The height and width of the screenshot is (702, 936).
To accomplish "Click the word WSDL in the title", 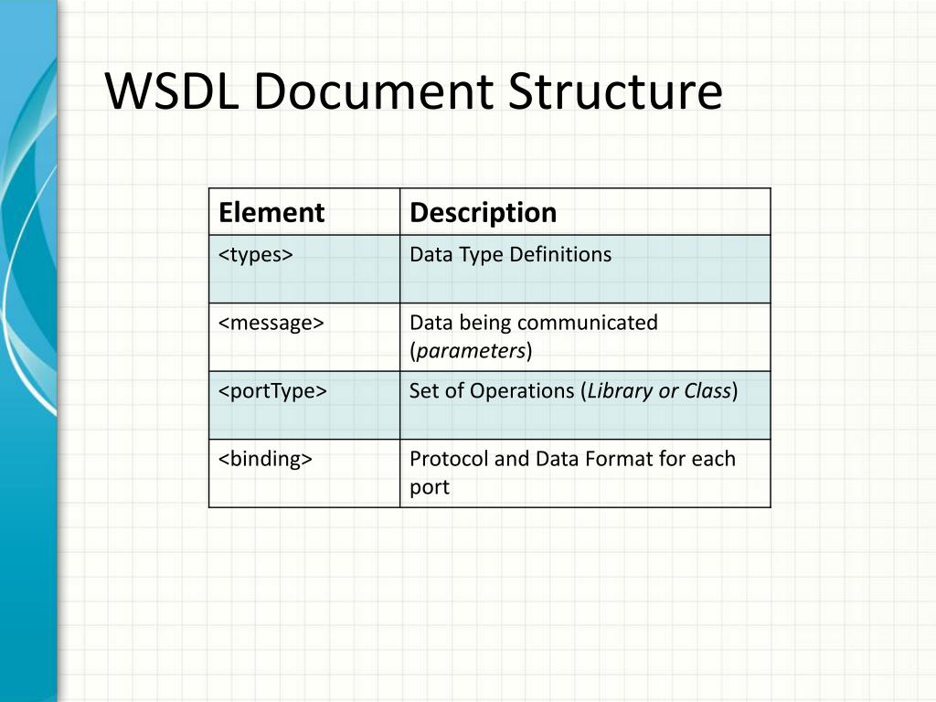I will coord(172,92).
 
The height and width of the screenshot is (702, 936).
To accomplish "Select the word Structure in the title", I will coord(614,92).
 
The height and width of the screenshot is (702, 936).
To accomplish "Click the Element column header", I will coord(271,213).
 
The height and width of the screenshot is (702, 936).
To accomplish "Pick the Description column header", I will coord(483,213).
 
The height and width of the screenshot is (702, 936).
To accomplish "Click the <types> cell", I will coord(255,255).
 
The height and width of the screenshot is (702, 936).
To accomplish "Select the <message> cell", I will coord(271,323).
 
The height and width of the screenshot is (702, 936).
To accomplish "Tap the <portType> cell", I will coord(272,390).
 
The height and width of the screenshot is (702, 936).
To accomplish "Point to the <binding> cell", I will coord(265,458).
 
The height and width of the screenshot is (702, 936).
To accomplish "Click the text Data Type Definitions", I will coord(510,255).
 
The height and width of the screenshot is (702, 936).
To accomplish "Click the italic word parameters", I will coord(471,351).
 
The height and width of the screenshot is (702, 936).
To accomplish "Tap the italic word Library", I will coord(620,391).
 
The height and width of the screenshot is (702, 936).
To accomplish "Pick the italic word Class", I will coord(707,391).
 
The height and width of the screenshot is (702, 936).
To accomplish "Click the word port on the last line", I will coord(430,487).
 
